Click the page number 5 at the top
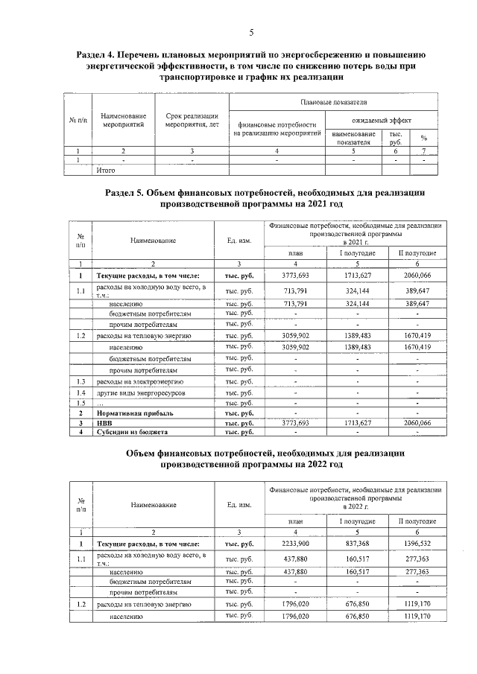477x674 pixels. [251, 32]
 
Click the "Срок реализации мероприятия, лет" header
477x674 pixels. [192, 121]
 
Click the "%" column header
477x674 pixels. [423, 138]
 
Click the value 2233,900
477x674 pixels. [295, 545]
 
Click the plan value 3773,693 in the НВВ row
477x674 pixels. [295, 422]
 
